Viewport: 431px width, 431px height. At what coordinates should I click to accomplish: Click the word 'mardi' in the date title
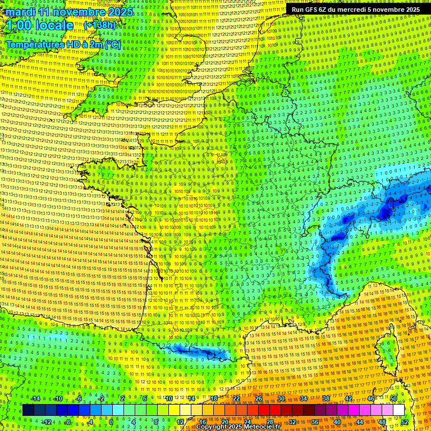click(x=20, y=12)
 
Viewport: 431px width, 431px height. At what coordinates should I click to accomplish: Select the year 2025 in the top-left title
click(x=118, y=12)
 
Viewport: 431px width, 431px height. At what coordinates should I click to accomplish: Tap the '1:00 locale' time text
click(x=40, y=25)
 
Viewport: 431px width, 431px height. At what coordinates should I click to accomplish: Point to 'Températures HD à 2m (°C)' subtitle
click(x=63, y=44)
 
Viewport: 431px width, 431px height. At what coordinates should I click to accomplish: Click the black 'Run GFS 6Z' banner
click(x=356, y=9)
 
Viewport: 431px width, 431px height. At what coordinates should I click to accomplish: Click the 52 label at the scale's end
click(x=405, y=421)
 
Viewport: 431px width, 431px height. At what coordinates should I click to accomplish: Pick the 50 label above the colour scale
click(x=393, y=399)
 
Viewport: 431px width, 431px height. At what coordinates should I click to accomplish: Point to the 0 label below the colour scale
click(x=111, y=421)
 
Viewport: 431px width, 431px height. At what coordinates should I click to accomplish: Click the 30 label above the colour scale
click(x=281, y=399)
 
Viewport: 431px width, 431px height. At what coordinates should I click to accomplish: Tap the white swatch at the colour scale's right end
click(x=398, y=410)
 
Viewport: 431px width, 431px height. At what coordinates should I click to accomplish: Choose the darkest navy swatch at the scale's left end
click(x=28, y=410)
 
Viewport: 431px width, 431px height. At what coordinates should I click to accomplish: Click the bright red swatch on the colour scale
click(x=264, y=410)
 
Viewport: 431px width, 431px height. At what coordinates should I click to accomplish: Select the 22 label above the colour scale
click(x=236, y=399)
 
